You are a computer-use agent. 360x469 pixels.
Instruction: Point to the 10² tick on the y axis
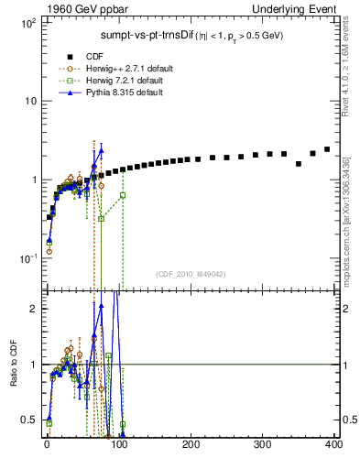[27, 22]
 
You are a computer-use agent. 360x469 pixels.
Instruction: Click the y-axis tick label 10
[29, 101]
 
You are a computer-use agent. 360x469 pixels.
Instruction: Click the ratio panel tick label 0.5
[29, 420]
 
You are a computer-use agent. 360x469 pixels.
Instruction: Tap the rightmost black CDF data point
[327, 149]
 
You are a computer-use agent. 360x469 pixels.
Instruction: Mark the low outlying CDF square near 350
[299, 164]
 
